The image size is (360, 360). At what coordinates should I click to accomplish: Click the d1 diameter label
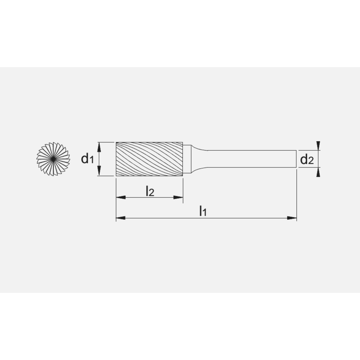coord(87,158)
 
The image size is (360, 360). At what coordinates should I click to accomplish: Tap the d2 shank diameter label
coord(306,159)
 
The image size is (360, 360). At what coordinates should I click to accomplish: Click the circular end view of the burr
coord(53,159)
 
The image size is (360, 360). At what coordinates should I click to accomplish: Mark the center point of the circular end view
coord(53,159)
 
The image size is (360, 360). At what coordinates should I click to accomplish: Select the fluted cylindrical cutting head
coord(149,159)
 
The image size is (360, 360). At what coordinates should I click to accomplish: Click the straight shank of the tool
coord(252,159)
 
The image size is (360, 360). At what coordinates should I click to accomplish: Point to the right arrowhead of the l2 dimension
coord(178,197)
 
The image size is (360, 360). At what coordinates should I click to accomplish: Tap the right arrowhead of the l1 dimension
coord(292,218)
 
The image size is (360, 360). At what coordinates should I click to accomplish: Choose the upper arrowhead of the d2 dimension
coord(318,145)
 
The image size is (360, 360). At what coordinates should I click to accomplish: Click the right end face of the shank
coord(296,159)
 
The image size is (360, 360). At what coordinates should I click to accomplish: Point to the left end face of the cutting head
coord(116,159)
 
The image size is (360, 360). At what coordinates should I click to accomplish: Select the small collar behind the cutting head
coord(187,159)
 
